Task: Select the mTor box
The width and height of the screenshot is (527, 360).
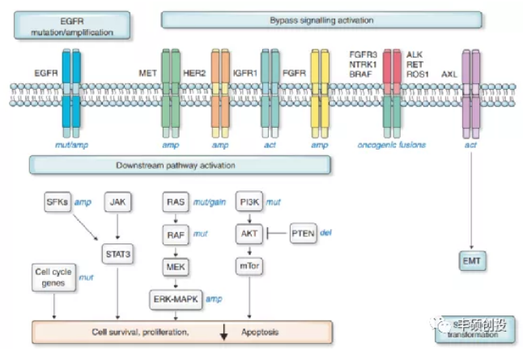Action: [x=248, y=266]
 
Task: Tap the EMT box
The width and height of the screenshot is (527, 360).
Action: [x=470, y=260]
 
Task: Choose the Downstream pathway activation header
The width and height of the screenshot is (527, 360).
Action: [x=180, y=165]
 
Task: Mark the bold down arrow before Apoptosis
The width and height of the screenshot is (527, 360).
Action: [x=224, y=331]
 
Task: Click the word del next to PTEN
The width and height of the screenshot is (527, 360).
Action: [x=326, y=232]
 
